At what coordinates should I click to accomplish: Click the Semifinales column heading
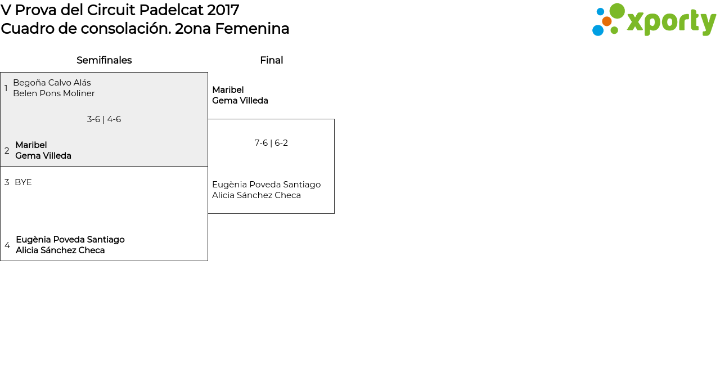(x=104, y=60)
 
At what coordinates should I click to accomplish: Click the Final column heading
(x=272, y=60)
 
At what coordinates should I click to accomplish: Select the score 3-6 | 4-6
(x=104, y=119)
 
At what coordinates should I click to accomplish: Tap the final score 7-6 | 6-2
(x=271, y=143)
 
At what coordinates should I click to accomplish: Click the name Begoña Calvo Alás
(x=52, y=83)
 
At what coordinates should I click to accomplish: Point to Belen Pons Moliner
(x=54, y=93)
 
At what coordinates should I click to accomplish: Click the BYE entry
(x=23, y=182)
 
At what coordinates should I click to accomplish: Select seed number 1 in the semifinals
(x=6, y=88)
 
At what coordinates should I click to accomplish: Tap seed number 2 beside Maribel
(x=7, y=150)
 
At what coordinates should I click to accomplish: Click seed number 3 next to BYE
(x=7, y=182)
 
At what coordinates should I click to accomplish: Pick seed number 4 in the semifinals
(x=7, y=245)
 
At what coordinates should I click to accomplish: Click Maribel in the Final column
(x=228, y=89)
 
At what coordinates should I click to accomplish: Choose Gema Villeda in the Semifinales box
(x=43, y=156)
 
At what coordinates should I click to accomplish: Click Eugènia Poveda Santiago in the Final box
(x=267, y=185)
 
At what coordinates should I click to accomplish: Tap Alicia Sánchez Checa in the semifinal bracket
(x=60, y=250)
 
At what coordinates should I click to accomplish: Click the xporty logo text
(x=671, y=23)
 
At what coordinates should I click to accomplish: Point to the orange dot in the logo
(x=607, y=21)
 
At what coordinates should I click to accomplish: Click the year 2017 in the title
(x=223, y=10)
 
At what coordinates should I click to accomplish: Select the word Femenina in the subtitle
(x=252, y=29)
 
